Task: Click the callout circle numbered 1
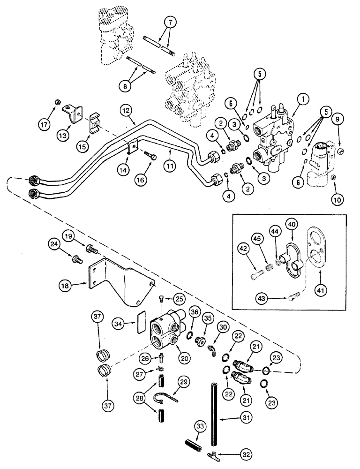pyautogui.click(x=302, y=99)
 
